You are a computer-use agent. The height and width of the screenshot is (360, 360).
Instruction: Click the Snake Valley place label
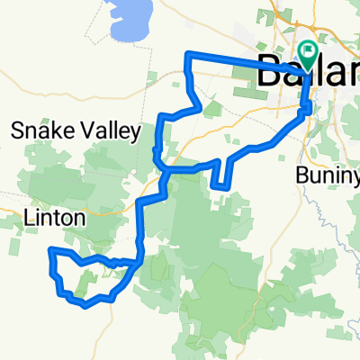[76, 131]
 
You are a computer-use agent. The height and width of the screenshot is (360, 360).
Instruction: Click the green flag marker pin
[308, 55]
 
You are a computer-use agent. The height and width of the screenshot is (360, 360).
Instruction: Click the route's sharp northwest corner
[186, 56]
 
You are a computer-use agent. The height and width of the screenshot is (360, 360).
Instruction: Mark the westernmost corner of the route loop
[49, 248]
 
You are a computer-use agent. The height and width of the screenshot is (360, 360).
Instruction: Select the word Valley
[109, 131]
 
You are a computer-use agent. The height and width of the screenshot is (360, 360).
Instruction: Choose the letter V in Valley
[84, 131]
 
